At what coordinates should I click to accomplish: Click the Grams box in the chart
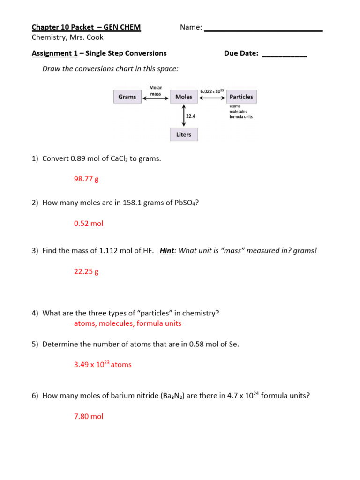coord(127,97)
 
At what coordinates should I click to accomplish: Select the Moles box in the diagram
coord(184,97)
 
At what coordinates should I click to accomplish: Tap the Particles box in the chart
coord(241,97)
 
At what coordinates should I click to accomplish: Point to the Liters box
coord(184,135)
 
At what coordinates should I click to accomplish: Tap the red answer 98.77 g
coord(86,179)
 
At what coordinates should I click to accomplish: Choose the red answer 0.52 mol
coord(89,224)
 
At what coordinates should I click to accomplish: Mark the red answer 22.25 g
coord(86,271)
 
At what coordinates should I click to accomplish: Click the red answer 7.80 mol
coord(89,416)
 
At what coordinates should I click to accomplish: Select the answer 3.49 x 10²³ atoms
coord(103,365)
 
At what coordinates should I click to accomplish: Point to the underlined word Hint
coord(167,251)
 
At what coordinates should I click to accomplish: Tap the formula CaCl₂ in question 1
coord(119,159)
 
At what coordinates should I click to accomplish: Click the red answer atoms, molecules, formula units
coord(127,323)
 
